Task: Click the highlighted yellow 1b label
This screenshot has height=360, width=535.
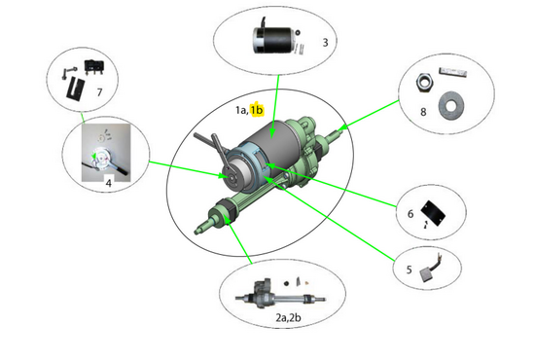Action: [258, 110]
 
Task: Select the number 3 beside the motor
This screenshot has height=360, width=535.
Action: [324, 42]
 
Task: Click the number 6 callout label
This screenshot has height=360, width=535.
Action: [410, 213]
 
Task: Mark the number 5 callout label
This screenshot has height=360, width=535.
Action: [410, 271]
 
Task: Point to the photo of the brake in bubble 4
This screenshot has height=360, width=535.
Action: [106, 152]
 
